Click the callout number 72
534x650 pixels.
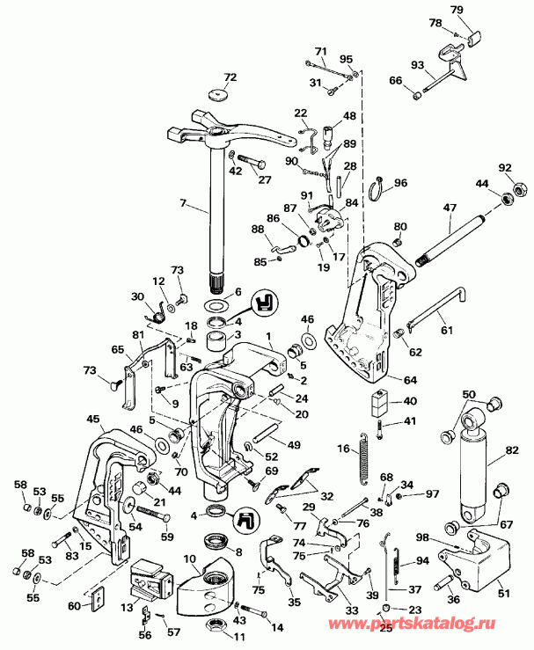[230, 77]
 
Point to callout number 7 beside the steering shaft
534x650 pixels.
[183, 204]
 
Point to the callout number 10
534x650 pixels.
[189, 559]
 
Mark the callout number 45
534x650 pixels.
[93, 419]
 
